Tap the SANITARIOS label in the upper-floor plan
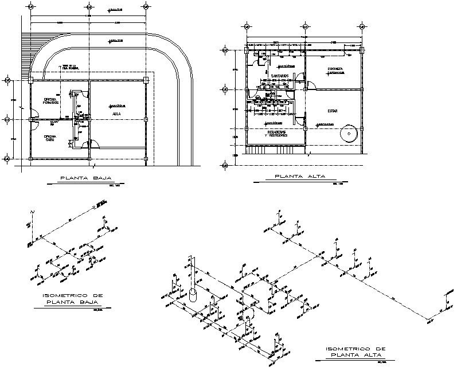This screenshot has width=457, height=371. (x=272, y=76)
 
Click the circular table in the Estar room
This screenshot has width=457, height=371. (x=347, y=133)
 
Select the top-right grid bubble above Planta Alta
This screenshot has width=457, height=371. (x=362, y=27)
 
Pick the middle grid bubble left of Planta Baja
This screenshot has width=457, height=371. (x=7, y=119)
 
